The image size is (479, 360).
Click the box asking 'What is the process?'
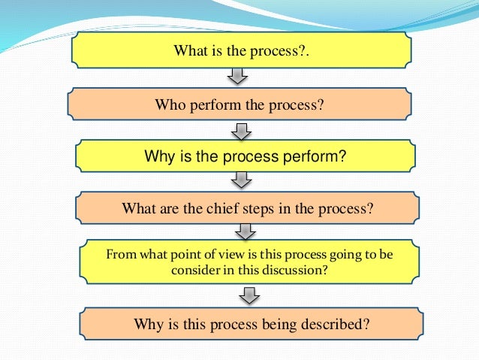243,51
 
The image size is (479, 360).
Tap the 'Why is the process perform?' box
244,156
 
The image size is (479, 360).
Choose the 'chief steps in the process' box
246,208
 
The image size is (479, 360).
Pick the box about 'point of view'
249,262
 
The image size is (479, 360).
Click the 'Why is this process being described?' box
251,325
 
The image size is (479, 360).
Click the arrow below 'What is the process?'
236,77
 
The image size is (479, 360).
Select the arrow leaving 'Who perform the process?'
240,132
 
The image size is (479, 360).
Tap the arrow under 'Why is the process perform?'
242,181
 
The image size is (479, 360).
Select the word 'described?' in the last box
336,325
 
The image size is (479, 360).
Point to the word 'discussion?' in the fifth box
299,270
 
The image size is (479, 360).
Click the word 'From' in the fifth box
121,255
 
